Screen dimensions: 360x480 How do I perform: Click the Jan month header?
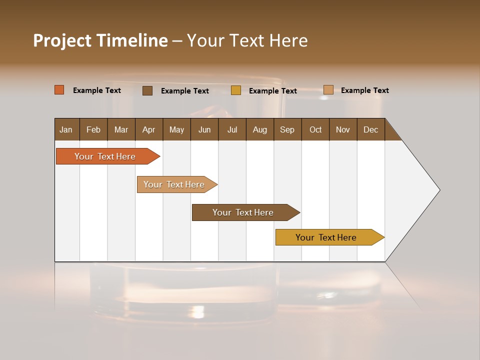point(66,129)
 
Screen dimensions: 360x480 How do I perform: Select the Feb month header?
point(93,129)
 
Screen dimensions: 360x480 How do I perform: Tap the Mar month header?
point(121,129)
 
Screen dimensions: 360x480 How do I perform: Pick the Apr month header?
point(149,129)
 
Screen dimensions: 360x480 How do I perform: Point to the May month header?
point(176,129)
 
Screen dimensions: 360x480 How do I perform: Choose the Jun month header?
point(204,129)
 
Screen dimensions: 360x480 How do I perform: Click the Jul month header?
point(232,129)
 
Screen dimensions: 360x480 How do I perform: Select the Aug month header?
point(260,129)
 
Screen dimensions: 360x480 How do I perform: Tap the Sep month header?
point(287,129)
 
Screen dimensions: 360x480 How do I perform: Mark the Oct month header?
point(315,129)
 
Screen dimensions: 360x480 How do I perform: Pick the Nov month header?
point(343,129)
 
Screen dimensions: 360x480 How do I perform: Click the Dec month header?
point(371,129)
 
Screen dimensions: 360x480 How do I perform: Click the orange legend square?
point(59,90)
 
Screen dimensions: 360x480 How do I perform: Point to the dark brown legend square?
point(147,90)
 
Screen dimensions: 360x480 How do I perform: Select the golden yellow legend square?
point(236,90)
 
